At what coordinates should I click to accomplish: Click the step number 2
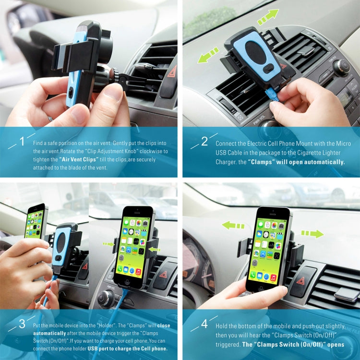204,141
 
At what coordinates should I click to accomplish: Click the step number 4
204,324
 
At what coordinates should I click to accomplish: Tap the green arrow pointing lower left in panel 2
208,54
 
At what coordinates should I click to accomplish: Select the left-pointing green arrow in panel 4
233,225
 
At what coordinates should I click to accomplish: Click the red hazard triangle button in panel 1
171,73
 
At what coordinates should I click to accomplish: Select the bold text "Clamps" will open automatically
296,162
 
